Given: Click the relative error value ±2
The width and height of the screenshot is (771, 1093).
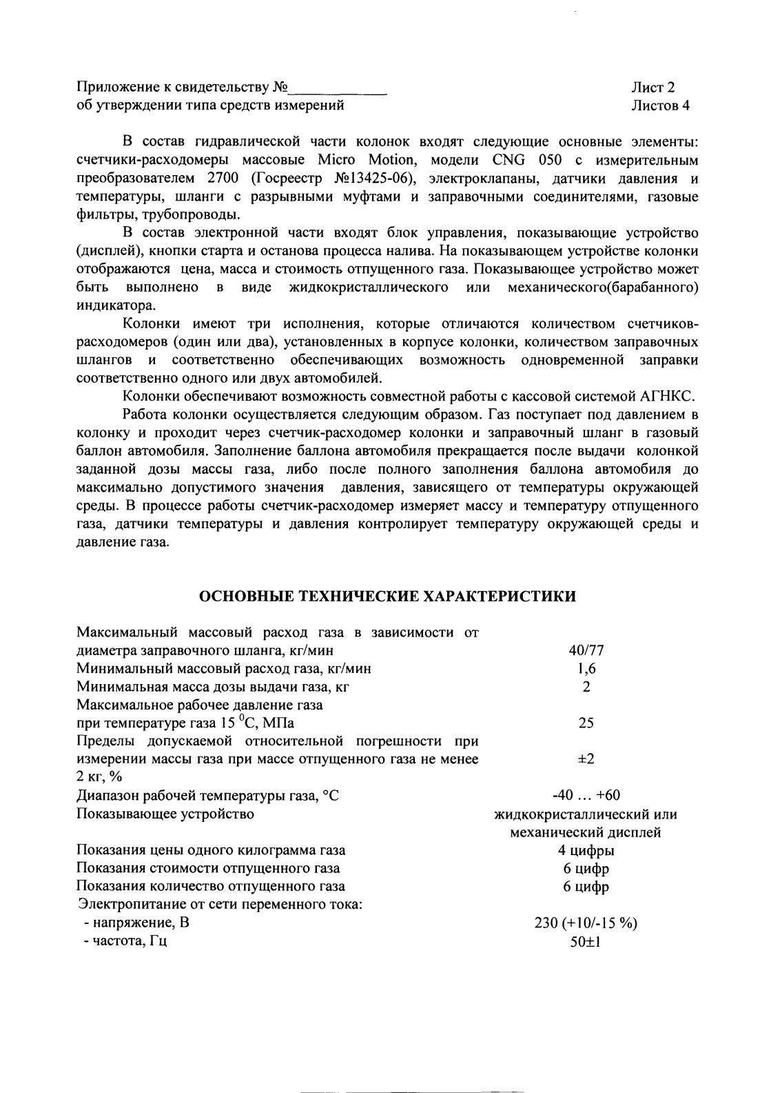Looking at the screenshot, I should (x=586, y=759).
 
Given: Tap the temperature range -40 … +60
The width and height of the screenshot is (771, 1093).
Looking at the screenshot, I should (x=586, y=796).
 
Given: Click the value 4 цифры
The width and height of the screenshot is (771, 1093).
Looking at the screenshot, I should (x=586, y=850).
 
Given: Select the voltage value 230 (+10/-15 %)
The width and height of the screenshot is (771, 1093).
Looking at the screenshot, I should (x=586, y=923).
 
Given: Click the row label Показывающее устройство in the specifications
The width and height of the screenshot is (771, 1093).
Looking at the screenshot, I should (x=165, y=814).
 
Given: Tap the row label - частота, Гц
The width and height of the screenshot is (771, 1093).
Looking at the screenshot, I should (x=125, y=941).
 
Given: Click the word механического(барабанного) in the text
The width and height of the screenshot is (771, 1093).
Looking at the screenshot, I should (x=603, y=286).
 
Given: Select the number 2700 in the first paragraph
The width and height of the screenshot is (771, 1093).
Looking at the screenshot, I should (x=223, y=179).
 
